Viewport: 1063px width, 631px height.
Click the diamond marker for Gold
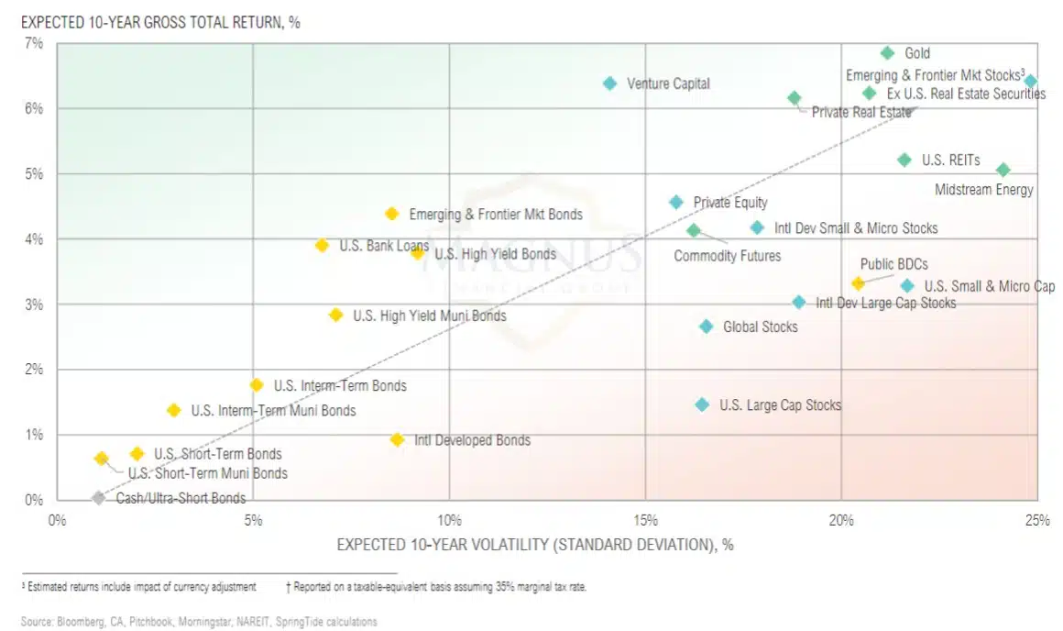pyautogui.click(x=887, y=53)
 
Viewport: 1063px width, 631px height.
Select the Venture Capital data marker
pyautogui.click(x=610, y=83)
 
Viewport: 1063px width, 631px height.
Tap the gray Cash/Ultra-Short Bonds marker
pyautogui.click(x=98, y=498)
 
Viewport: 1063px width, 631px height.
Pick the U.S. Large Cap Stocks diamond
pyautogui.click(x=702, y=404)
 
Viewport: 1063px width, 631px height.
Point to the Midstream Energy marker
pyautogui.click(x=1003, y=170)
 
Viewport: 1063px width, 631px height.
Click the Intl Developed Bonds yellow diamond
pyautogui.click(x=397, y=440)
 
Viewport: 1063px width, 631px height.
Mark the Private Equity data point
pyautogui.click(x=676, y=202)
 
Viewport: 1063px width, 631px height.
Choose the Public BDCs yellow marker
pyautogui.click(x=858, y=283)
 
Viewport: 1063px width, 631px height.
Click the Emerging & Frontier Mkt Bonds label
pyautogui.click(x=496, y=215)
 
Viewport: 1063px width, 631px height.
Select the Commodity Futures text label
pyautogui.click(x=728, y=256)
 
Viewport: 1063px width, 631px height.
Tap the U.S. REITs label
pyautogui.click(x=950, y=161)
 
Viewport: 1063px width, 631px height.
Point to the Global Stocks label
pyautogui.click(x=761, y=327)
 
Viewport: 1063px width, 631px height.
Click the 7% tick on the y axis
pyautogui.click(x=33, y=43)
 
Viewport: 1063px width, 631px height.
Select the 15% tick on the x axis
pyautogui.click(x=645, y=520)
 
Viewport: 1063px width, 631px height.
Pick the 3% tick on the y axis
pyautogui.click(x=33, y=304)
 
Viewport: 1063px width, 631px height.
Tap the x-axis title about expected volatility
pyautogui.click(x=535, y=545)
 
